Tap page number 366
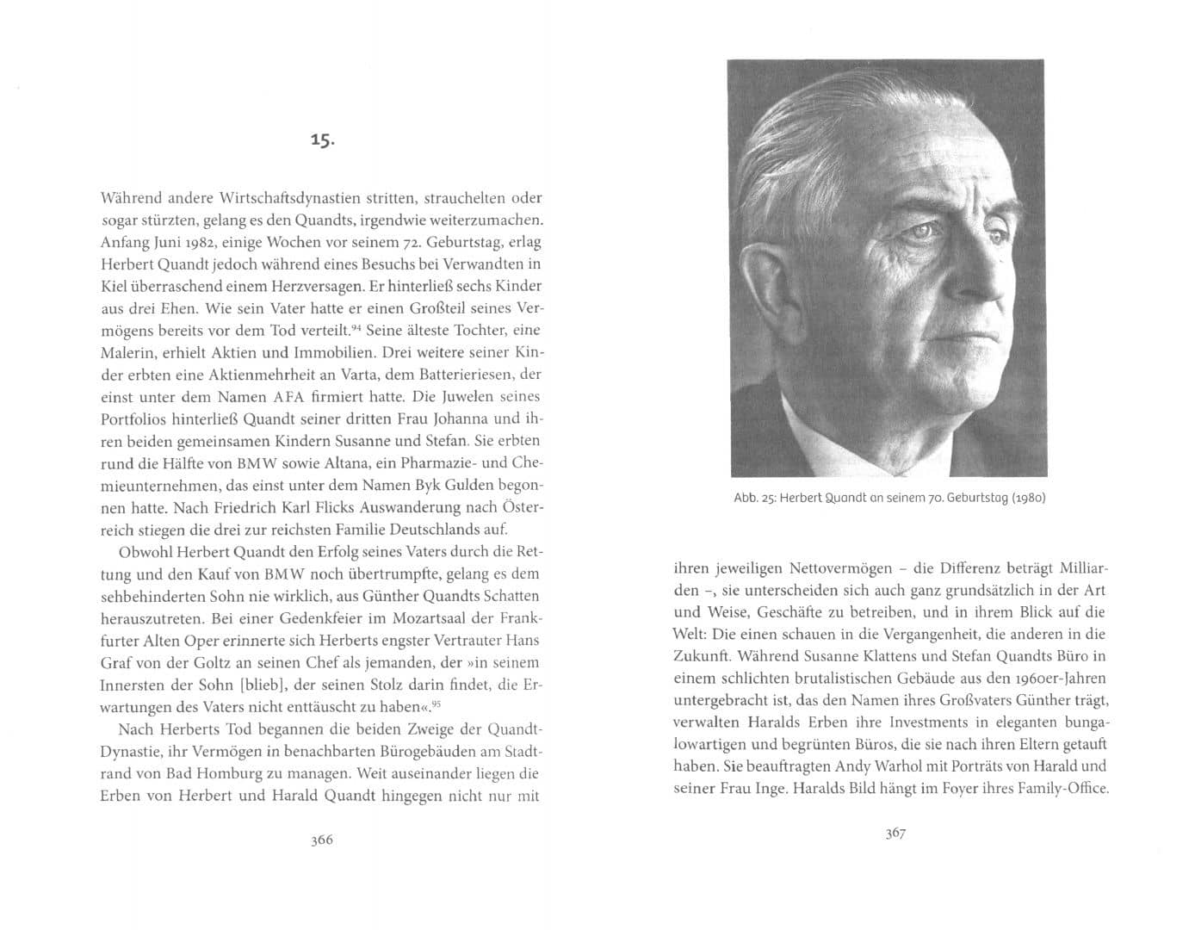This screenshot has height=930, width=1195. pos(321,840)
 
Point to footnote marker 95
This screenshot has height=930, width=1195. pos(437,705)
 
